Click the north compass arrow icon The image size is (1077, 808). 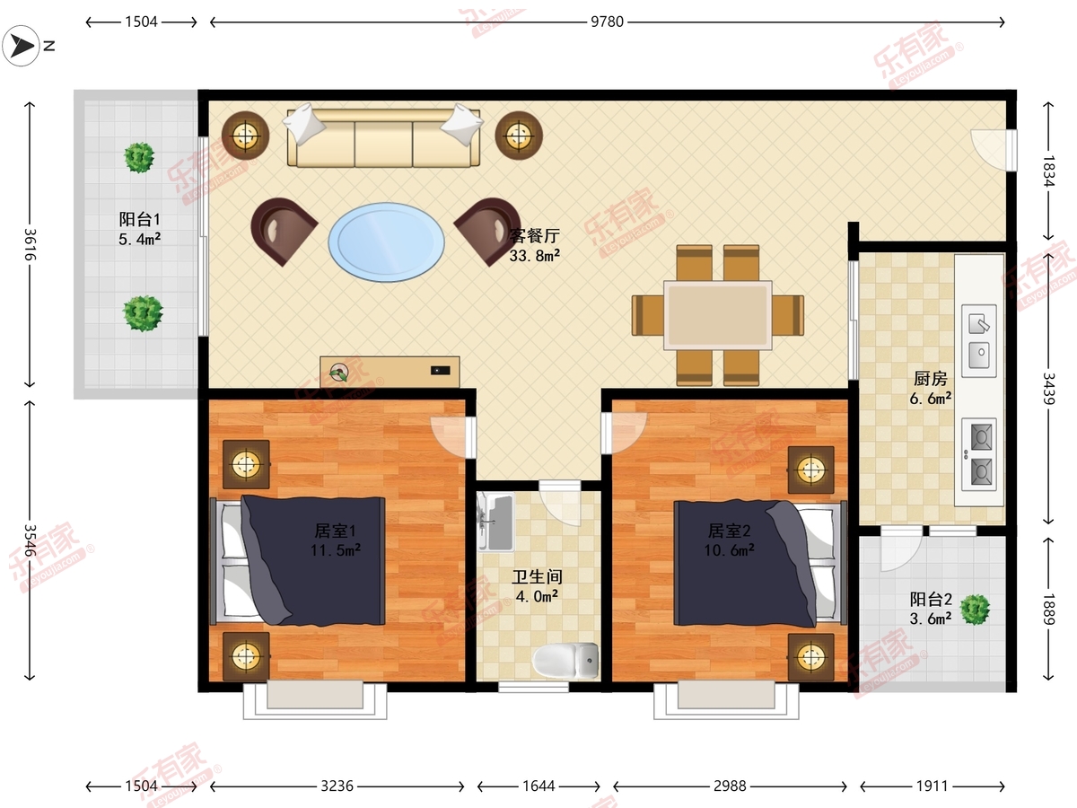[x=21, y=46]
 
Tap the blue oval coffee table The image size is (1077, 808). [x=386, y=242]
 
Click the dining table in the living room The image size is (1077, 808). [x=717, y=315]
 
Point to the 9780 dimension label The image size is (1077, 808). [x=607, y=22]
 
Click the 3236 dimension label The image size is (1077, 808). [x=337, y=786]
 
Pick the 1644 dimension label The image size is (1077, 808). [x=538, y=786]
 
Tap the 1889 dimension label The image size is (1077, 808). [x=1048, y=609]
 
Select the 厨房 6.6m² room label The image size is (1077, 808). [x=931, y=388]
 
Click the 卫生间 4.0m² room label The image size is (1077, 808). [x=537, y=586]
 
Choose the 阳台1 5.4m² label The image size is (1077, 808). [x=140, y=229]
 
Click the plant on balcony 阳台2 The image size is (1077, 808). [x=975, y=610]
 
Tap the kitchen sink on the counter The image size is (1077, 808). [x=979, y=341]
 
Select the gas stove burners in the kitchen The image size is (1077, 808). [x=979, y=454]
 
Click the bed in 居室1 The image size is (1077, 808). [x=298, y=561]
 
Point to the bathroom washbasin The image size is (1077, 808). [x=496, y=521]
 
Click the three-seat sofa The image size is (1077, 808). [x=383, y=136]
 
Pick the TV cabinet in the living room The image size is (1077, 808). [x=390, y=372]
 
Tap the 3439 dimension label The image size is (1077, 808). [x=1048, y=389]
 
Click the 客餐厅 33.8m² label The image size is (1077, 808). [x=534, y=245]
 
